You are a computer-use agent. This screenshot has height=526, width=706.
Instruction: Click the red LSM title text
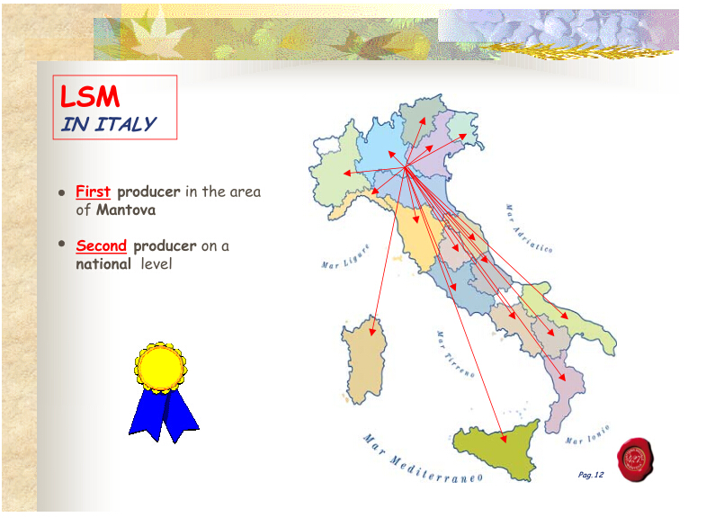[x=90, y=96]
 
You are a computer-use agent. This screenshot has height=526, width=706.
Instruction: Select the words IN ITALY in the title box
[x=109, y=124]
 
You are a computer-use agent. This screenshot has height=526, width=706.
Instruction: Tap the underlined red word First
[x=93, y=192]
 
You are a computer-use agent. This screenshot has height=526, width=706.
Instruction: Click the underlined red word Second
[x=102, y=245]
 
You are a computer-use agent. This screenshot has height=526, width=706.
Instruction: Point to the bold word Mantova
[x=126, y=210]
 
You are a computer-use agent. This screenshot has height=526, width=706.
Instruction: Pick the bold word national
[x=103, y=263]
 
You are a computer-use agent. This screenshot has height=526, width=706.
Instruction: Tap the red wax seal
[x=635, y=459]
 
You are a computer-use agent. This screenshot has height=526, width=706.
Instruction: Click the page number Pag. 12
[x=591, y=475]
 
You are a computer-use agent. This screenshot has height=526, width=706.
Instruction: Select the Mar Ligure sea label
[x=345, y=257]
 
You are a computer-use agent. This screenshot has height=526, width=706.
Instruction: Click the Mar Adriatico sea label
[x=528, y=229]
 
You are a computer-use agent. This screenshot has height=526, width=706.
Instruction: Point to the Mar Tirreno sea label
[x=455, y=354]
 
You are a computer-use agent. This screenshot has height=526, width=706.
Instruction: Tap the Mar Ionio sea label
[x=587, y=434]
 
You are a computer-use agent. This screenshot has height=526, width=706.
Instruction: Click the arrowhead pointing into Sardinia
[x=372, y=332]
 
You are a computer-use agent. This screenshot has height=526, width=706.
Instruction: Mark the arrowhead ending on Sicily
[x=504, y=438]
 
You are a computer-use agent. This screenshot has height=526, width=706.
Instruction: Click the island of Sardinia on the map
[x=364, y=360]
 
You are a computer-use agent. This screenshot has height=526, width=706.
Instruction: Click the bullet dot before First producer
[x=62, y=193]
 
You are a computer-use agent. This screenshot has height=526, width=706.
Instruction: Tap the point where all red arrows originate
[x=406, y=167]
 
